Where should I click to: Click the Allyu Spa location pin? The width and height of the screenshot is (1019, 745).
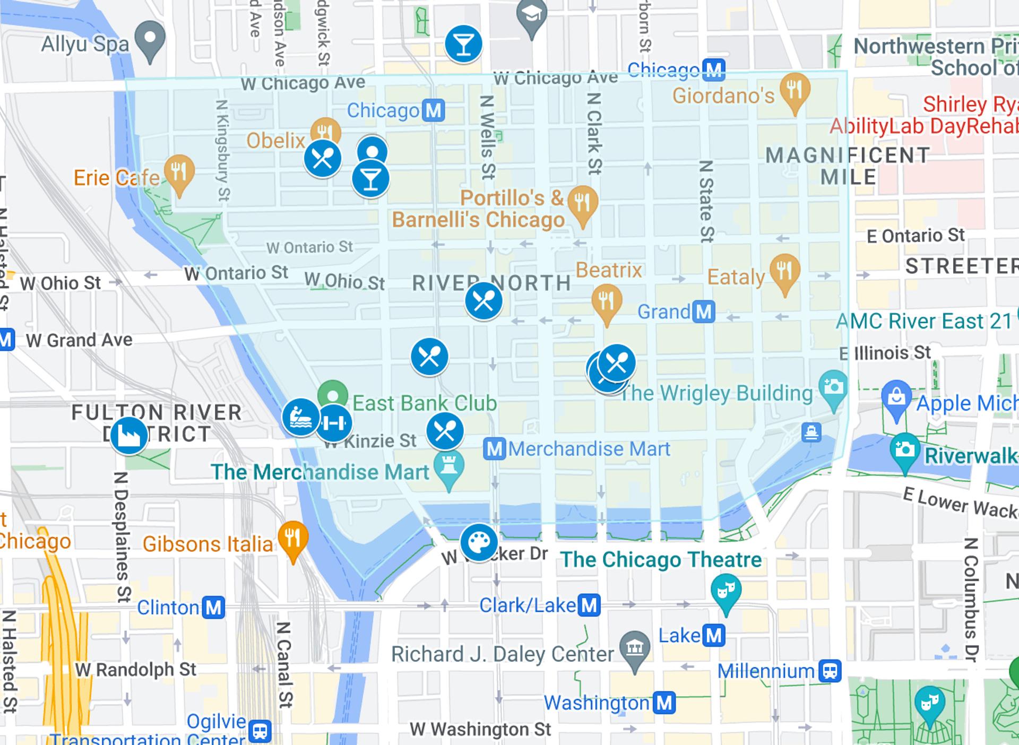tap(150, 40)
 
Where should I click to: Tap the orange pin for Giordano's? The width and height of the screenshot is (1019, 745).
tap(795, 91)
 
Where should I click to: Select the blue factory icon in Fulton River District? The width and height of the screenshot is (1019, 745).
tap(128, 436)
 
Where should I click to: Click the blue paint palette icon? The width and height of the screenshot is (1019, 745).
tap(479, 542)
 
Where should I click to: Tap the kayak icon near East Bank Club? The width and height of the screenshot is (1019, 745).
tap(300, 418)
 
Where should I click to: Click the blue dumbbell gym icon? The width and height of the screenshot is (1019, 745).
tap(334, 423)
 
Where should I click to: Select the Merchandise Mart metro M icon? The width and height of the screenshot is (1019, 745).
tap(494, 449)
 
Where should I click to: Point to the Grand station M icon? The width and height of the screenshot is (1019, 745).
tap(704, 311)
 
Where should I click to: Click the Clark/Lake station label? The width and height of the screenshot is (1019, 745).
tap(528, 605)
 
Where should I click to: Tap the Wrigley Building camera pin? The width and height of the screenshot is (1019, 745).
tap(833, 388)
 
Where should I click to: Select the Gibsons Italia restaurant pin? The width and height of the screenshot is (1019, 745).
tap(292, 539)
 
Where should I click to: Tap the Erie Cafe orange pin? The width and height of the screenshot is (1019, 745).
tap(179, 172)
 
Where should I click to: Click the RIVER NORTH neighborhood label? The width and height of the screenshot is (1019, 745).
tap(491, 283)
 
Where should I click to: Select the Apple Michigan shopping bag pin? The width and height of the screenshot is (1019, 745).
tap(896, 397)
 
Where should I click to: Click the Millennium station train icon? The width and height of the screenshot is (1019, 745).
tap(830, 671)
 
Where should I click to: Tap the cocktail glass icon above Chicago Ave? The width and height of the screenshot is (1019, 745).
tap(463, 44)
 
